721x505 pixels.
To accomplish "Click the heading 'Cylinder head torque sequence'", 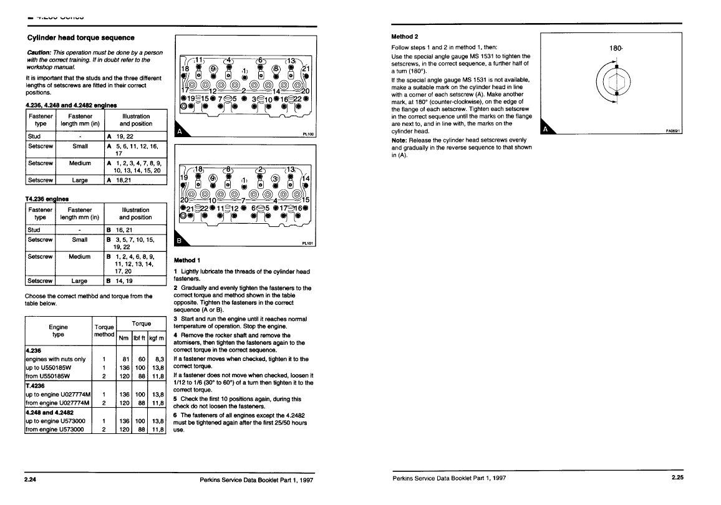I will click(75, 37).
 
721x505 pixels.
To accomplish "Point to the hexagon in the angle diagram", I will click(616, 80).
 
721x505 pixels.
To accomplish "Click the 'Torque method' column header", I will click(103, 330).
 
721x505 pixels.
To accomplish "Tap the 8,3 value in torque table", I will click(157, 359).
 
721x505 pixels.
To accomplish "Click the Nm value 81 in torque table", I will click(125, 359).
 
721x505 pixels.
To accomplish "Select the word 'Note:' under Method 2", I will click(400, 140).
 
